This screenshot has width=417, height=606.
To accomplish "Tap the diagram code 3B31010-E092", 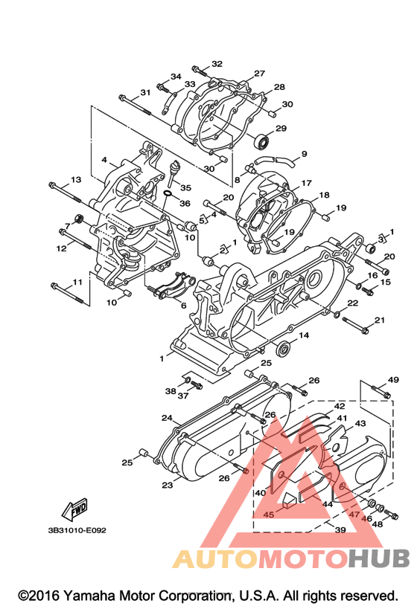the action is (77, 530).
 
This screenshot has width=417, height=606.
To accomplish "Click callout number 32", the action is (217, 64).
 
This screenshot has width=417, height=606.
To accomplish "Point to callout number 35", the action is (186, 188).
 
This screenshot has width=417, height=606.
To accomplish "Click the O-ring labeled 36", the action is (168, 193).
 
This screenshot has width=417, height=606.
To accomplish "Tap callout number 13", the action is (76, 179).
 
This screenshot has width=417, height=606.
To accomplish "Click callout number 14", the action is (304, 335).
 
